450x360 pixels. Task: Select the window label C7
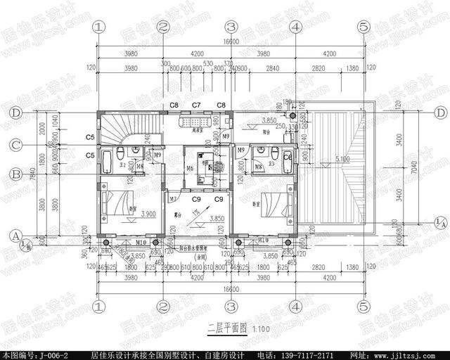click(x=197, y=105)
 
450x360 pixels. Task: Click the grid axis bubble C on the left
click(x=15, y=146)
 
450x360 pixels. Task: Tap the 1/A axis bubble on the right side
click(x=439, y=223)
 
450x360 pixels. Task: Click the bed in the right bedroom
click(x=274, y=202)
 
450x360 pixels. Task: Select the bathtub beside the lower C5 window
click(x=106, y=161)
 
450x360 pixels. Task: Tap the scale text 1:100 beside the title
click(x=241, y=329)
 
